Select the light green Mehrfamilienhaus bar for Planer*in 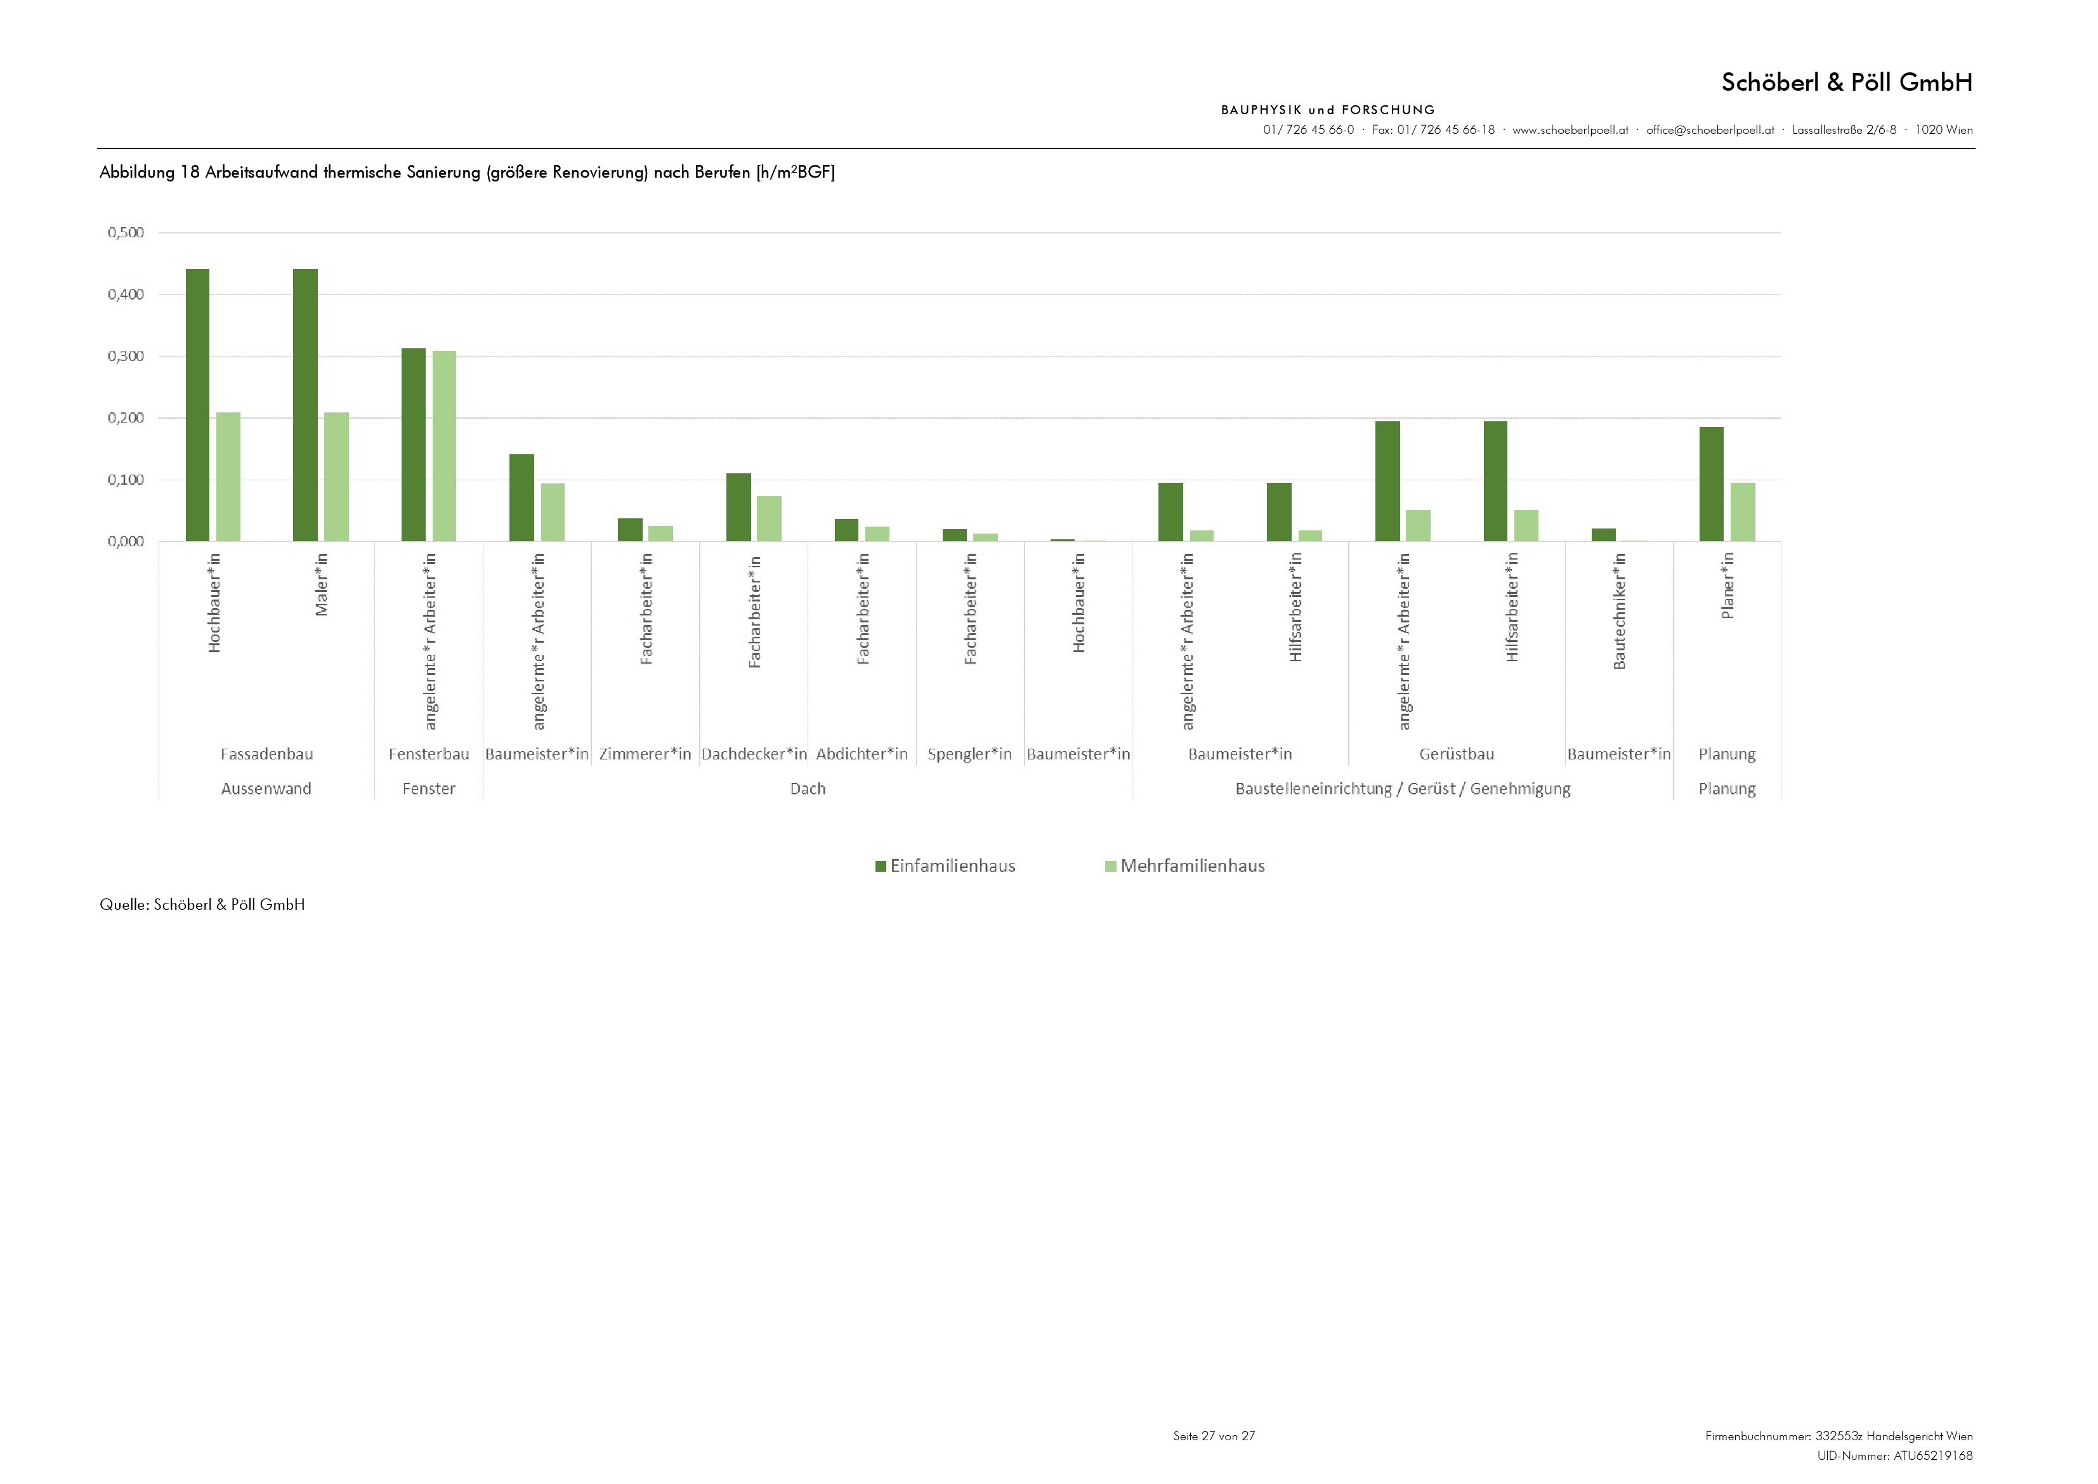pyautogui.click(x=1743, y=512)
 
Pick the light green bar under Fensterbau pyautogui.click(x=444, y=446)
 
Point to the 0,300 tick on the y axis pyautogui.click(x=126, y=357)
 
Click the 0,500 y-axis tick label pyautogui.click(x=126, y=233)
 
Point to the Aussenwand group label pyautogui.click(x=266, y=789)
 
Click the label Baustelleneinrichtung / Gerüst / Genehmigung pyautogui.click(x=1403, y=789)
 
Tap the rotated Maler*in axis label pyautogui.click(x=322, y=585)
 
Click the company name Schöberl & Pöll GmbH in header pyautogui.click(x=1846, y=82)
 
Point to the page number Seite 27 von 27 pyautogui.click(x=1214, y=1436)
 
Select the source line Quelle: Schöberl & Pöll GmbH pyautogui.click(x=202, y=905)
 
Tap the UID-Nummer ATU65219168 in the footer pyautogui.click(x=1894, y=1455)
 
